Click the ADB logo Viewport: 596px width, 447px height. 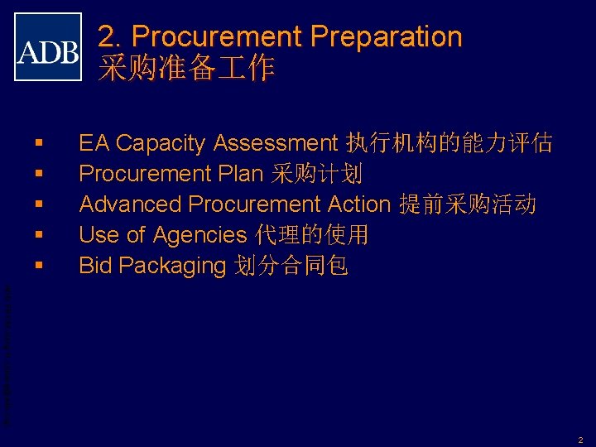48,47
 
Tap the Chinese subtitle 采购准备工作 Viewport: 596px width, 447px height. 186,69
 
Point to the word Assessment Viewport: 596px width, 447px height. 275,143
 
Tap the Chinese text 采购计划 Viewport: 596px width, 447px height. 317,174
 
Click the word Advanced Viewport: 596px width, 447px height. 129,204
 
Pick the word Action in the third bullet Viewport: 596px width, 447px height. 358,204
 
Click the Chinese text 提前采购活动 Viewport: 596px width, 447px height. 468,204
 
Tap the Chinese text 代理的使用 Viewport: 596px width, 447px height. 311,235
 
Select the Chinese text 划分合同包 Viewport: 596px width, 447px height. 291,266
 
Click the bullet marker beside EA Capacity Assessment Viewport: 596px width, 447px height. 39,144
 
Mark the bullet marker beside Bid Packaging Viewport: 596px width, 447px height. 39,267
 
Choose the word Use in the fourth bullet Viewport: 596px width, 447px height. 96,235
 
